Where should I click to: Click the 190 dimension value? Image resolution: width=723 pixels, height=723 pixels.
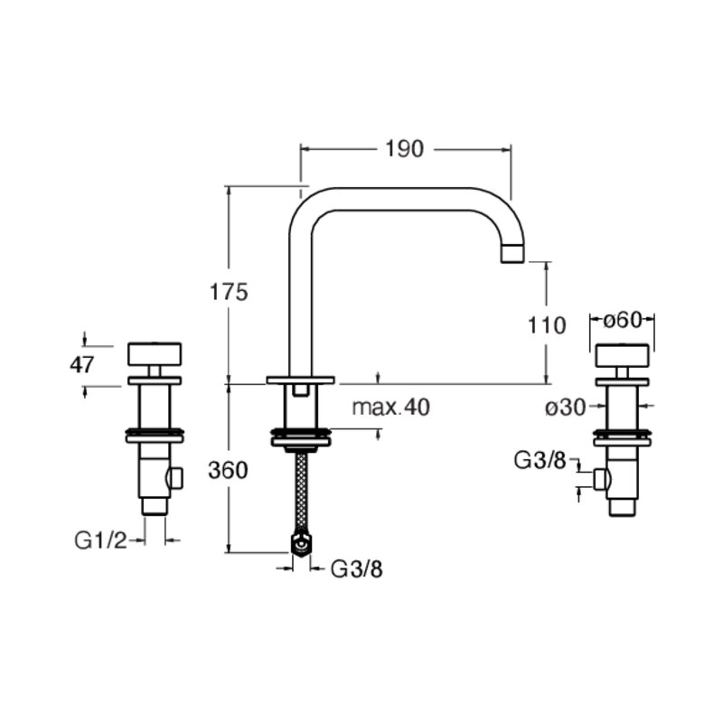(x=404, y=149)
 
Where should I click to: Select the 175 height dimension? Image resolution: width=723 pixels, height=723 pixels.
(x=229, y=292)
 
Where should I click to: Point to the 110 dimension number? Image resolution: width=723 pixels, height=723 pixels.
(x=547, y=325)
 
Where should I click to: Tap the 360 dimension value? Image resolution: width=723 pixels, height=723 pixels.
(x=228, y=470)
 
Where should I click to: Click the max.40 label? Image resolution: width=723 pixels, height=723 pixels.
(x=391, y=408)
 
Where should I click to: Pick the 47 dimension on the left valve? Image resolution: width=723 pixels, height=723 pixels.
(x=81, y=365)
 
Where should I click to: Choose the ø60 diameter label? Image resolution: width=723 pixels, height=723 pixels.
(x=623, y=320)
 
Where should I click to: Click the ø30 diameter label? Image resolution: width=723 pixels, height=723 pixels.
(x=566, y=408)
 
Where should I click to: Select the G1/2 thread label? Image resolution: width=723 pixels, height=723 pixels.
(x=100, y=540)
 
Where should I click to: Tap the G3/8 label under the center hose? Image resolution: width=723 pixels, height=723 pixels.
(x=357, y=569)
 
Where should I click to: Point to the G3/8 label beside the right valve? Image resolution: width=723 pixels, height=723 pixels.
(x=540, y=460)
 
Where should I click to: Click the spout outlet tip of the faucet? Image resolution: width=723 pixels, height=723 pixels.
(x=512, y=254)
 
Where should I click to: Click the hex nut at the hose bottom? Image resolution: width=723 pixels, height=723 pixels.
(x=302, y=545)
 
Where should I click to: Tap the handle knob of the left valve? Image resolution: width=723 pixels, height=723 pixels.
(x=155, y=354)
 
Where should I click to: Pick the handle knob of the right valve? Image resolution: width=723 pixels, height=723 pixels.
(x=623, y=355)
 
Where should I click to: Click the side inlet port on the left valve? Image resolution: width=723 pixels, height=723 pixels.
(x=175, y=478)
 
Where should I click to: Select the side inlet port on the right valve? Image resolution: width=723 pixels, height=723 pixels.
(x=602, y=479)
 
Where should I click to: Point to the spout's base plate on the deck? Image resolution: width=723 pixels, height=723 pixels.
(x=300, y=380)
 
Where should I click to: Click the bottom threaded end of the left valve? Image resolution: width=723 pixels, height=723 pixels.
(x=155, y=506)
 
